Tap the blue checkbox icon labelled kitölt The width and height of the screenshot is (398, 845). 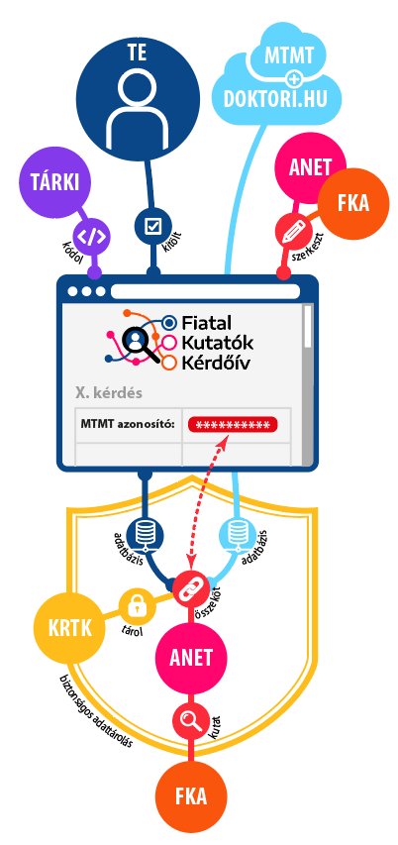(152, 226)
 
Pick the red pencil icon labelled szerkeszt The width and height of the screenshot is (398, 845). (291, 231)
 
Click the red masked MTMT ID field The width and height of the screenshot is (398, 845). (233, 425)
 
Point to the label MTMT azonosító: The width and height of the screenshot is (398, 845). (128, 424)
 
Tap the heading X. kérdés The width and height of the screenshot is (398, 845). (109, 392)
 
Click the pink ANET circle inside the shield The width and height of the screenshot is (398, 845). (191, 658)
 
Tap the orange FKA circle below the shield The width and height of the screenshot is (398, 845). (191, 795)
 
